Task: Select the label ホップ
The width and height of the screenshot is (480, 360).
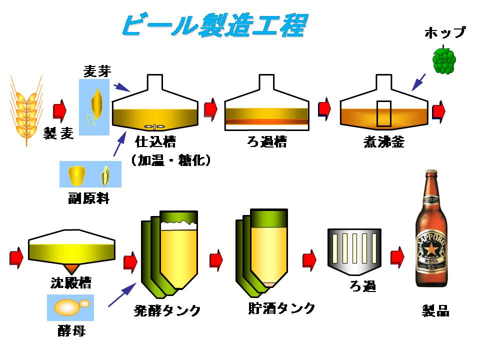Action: pyautogui.click(x=444, y=33)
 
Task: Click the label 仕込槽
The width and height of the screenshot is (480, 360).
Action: pyautogui.click(x=155, y=142)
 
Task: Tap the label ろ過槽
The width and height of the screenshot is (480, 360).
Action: pyautogui.click(x=266, y=142)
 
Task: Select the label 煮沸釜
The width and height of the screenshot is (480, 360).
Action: pyautogui.click(x=383, y=142)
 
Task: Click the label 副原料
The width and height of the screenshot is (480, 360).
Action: pyautogui.click(x=88, y=198)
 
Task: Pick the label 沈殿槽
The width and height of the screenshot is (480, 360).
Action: pyautogui.click(x=70, y=283)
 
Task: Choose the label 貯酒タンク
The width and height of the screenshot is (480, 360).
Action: pyautogui.click(x=281, y=308)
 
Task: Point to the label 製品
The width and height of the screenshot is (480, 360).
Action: pyautogui.click(x=435, y=311)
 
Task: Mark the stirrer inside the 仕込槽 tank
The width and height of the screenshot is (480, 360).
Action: pyautogui.click(x=154, y=126)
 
